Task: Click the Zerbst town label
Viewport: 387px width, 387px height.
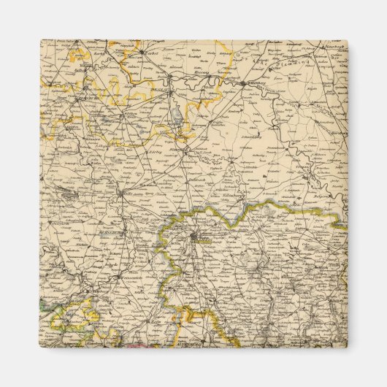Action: click(x=132, y=54)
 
